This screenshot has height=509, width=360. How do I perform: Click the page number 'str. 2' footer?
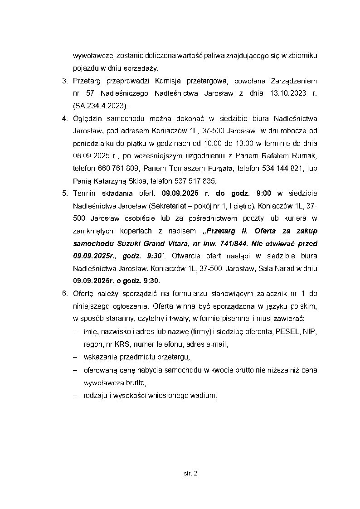click(x=191, y=474)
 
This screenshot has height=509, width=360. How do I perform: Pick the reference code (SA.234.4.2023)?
click(x=100, y=106)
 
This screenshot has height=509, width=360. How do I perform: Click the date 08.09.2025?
click(x=92, y=156)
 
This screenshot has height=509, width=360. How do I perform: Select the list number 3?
click(x=64, y=82)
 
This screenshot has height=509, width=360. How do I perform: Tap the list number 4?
click(x=64, y=119)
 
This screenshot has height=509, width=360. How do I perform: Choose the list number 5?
click(x=64, y=194)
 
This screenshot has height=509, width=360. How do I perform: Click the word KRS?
click(x=121, y=344)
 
